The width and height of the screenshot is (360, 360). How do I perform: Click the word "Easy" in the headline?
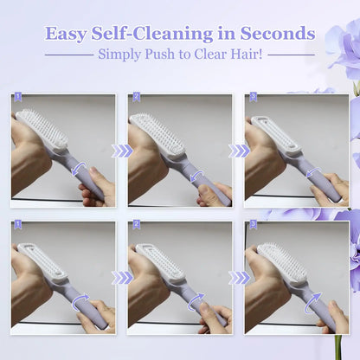[x=66, y=34]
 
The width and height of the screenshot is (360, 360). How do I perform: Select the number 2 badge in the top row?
[x=135, y=97]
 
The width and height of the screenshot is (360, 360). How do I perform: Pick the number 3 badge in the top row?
[x=252, y=97]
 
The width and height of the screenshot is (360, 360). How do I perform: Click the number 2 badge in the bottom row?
[x=135, y=224]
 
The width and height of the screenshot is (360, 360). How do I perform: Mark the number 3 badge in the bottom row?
[x=252, y=224]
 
